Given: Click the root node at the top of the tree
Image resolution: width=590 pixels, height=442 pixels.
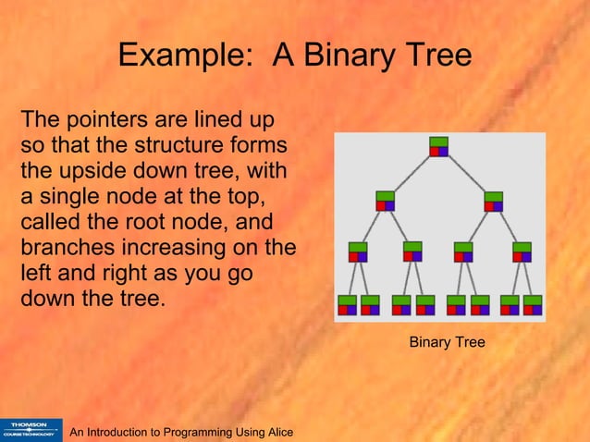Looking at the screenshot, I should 438,146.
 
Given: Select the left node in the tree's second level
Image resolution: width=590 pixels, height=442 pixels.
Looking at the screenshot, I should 386,200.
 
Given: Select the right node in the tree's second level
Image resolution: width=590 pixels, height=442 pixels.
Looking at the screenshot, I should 493,200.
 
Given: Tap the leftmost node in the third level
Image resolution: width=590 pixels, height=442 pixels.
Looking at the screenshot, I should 358,251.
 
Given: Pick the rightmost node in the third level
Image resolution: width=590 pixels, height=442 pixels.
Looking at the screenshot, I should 522,251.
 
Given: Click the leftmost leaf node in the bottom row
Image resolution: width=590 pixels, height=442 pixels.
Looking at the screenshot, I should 347,304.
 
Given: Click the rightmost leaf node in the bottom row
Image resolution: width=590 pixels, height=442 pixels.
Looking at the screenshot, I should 533,304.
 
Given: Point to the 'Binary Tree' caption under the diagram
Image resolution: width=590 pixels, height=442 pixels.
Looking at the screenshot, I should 447,343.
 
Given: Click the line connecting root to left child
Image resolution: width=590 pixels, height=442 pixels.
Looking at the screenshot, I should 412,173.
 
